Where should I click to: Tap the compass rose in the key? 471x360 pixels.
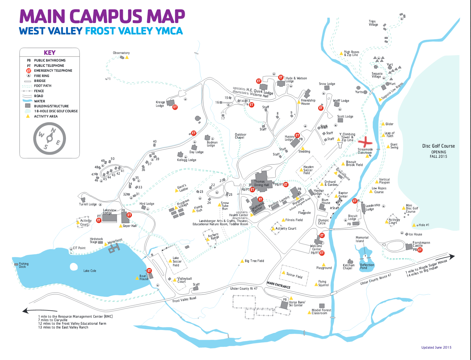point(49,138)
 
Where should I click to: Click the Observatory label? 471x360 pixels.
point(121,53)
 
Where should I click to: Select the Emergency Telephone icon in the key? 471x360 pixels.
point(29,71)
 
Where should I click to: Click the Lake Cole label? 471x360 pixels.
point(90,271)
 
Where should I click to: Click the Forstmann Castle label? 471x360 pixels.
point(421,244)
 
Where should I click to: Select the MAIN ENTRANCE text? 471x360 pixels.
point(278,285)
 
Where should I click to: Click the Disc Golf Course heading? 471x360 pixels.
point(438,146)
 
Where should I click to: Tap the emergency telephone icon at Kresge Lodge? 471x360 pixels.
point(175,107)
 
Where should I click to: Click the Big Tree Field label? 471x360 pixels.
point(254,261)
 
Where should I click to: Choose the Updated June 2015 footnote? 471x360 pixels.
point(436,347)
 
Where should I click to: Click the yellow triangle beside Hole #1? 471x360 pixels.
point(414,225)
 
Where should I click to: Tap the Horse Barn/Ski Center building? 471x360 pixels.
point(284,305)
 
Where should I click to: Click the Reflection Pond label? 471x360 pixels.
point(367,266)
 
